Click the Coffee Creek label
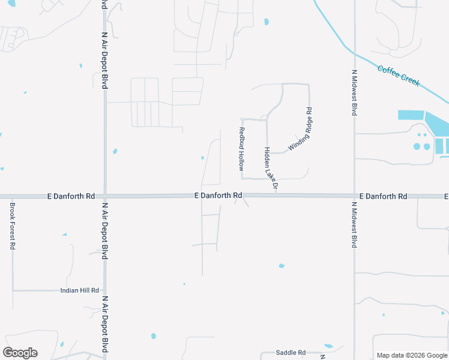[399, 76]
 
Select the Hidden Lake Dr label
[271, 169]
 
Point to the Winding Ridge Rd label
[301, 129]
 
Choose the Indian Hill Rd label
[79, 290]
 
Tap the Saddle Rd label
[291, 353]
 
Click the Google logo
[20, 353]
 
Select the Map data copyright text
[412, 355]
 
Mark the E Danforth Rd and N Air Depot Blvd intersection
[105, 196]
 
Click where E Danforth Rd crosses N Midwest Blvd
[354, 196]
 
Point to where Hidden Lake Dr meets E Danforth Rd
[267, 195]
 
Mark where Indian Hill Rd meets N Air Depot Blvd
[105, 290]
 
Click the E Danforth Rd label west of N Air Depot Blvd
[71, 196]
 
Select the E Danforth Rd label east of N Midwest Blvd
[384, 196]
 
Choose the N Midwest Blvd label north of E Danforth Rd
[354, 92]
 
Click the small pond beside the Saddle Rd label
[328, 346]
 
